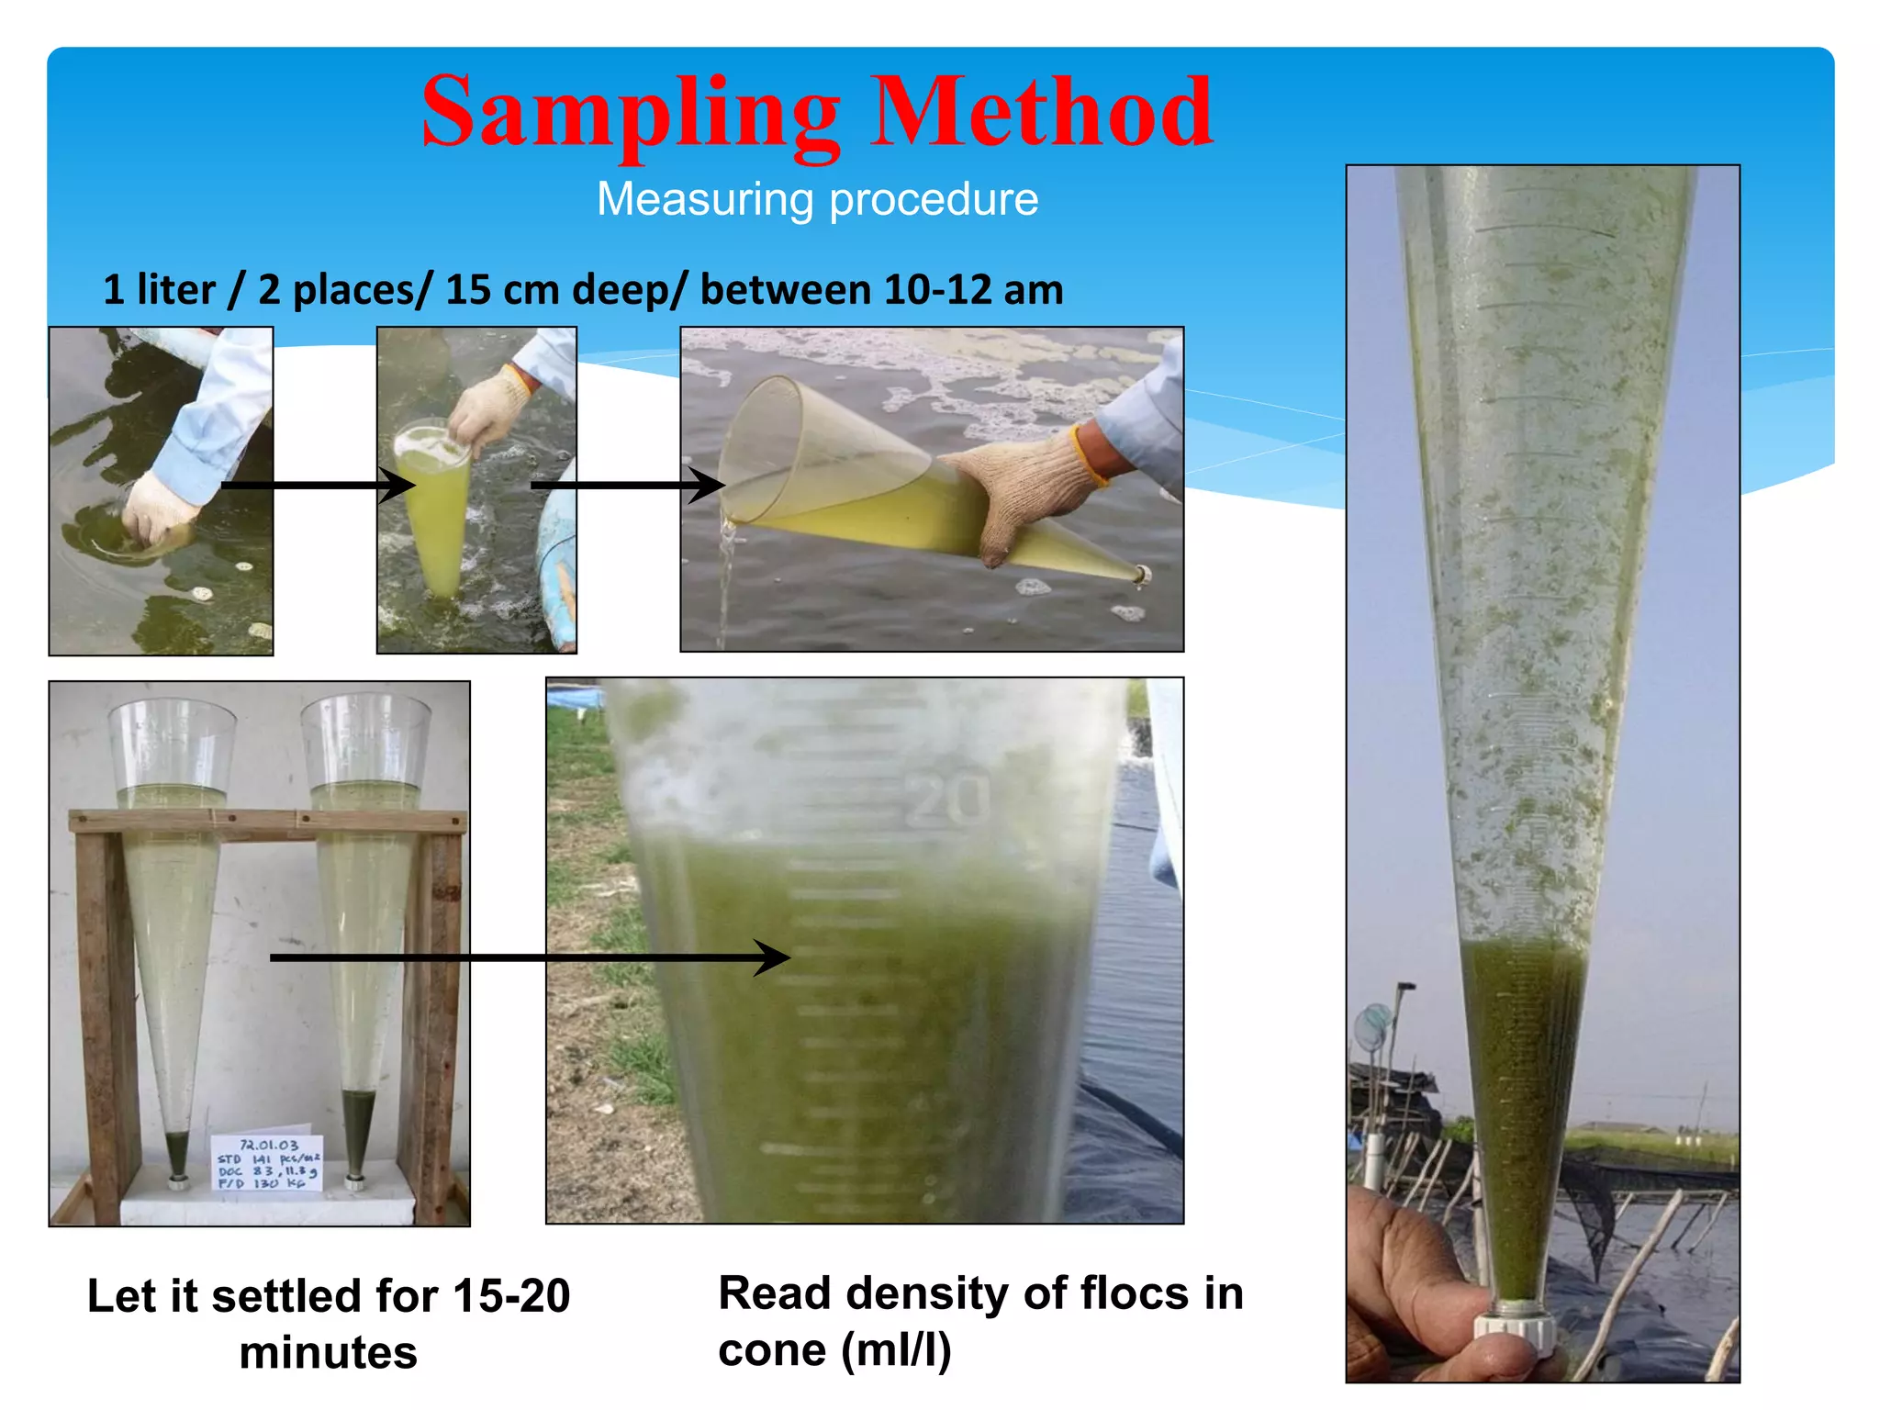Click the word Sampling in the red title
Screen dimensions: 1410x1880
click(631, 115)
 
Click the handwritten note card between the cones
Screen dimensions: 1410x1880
click(266, 1164)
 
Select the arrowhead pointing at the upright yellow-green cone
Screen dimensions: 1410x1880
click(400, 485)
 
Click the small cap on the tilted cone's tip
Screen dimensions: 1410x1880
click(1143, 576)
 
